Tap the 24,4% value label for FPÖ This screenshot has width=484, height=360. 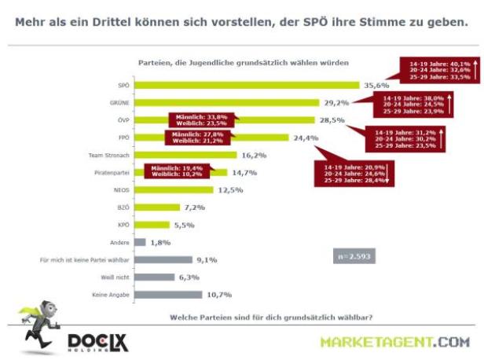click(306, 138)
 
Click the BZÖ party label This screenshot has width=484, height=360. click(122, 207)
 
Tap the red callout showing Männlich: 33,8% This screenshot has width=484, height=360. click(200, 119)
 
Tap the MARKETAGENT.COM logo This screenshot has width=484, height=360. click(394, 342)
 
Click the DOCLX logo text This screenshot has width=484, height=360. click(98, 342)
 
